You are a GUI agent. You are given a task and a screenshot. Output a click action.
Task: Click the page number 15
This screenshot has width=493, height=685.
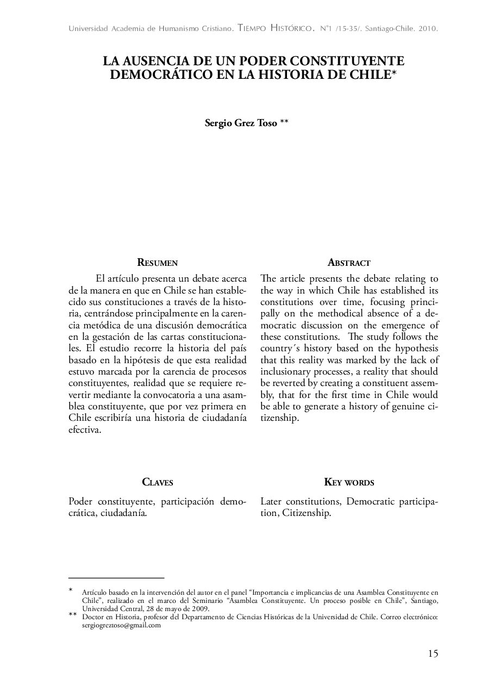click(x=433, y=653)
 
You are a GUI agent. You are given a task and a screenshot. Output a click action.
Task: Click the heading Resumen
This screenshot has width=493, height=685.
click(x=158, y=263)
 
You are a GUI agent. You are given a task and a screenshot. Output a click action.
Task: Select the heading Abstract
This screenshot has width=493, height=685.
click(x=349, y=263)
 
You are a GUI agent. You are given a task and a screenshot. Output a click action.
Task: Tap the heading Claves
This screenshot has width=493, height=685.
click(x=158, y=482)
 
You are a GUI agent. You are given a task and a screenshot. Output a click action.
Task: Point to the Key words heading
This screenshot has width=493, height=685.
click(x=349, y=482)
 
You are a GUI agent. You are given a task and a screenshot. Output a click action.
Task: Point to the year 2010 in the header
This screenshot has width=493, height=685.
click(x=427, y=28)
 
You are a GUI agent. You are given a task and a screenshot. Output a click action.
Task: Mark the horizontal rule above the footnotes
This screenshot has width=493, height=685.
click(x=116, y=577)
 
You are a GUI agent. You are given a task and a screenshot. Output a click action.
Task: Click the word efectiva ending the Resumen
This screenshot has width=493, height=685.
click(x=84, y=431)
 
